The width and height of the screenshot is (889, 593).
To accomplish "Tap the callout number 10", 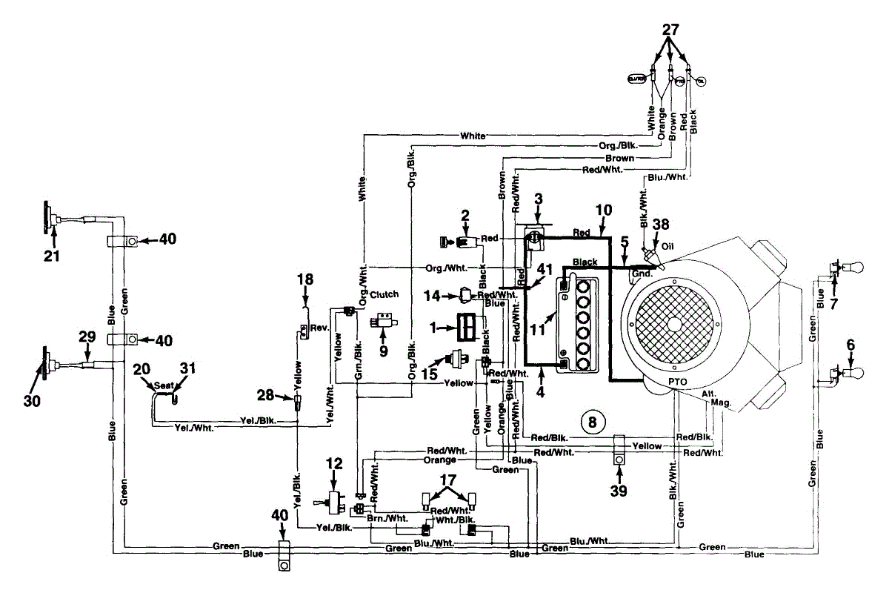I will pyautogui.click(x=604, y=210).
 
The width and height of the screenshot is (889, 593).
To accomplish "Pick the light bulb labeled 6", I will pyautogui.click(x=844, y=374).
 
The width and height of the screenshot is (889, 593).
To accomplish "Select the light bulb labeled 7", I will pyautogui.click(x=844, y=268).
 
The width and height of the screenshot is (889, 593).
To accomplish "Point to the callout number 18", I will pyautogui.click(x=305, y=279).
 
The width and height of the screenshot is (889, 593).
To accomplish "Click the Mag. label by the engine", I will pyautogui.click(x=721, y=402).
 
